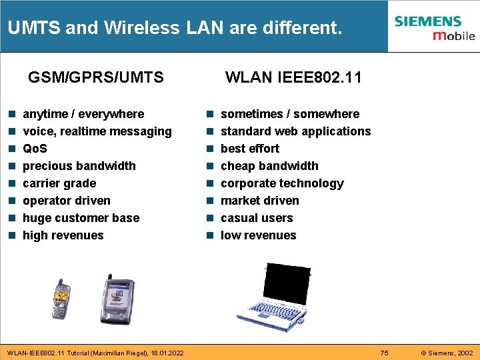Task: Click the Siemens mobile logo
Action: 434,27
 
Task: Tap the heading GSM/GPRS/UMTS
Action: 96,77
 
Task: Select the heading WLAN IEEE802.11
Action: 293,77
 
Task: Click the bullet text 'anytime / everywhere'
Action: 83,114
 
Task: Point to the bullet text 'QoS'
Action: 35,149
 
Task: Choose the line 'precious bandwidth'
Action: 79,166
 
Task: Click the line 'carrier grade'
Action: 59,183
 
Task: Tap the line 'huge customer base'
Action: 81,218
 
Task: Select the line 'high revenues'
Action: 63,235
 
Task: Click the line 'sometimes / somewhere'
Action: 290,114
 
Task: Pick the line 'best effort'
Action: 250,149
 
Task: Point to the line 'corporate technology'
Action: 282,183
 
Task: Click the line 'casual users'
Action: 257,218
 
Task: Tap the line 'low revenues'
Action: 259,235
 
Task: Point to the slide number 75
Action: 384,353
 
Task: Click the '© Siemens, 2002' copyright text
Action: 446,353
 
